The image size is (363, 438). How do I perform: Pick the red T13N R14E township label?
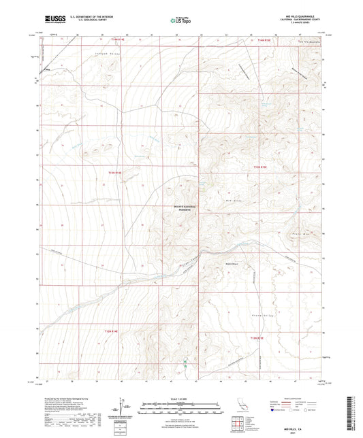pos(116,173)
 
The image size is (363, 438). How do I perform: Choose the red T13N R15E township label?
pos(262,167)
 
